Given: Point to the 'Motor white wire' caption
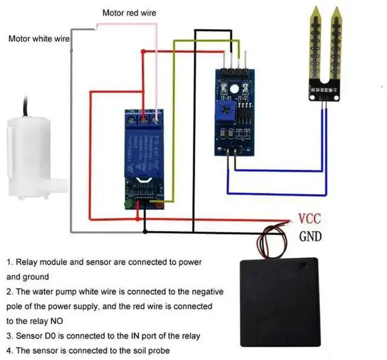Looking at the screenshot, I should click(x=39, y=38).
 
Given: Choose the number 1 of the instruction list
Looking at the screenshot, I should click(x=10, y=263).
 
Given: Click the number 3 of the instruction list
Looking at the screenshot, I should click(x=10, y=336).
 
